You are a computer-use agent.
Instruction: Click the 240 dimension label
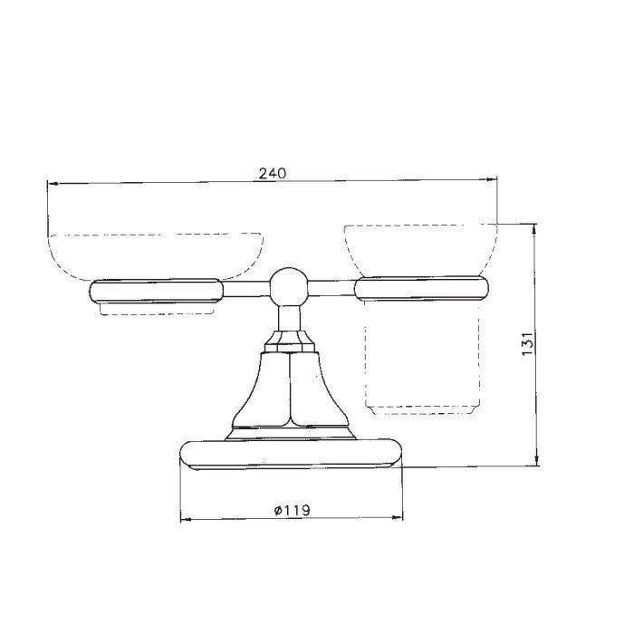click(272, 174)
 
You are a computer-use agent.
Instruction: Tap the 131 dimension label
click(528, 343)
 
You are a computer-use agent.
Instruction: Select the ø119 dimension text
click(292, 510)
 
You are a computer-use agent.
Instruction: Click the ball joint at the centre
click(289, 287)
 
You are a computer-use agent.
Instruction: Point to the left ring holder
click(156, 291)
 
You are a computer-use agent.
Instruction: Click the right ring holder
click(421, 288)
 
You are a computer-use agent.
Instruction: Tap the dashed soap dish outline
click(156, 256)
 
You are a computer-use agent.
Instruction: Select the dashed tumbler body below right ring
click(422, 359)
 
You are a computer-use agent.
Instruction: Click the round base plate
click(291, 455)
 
